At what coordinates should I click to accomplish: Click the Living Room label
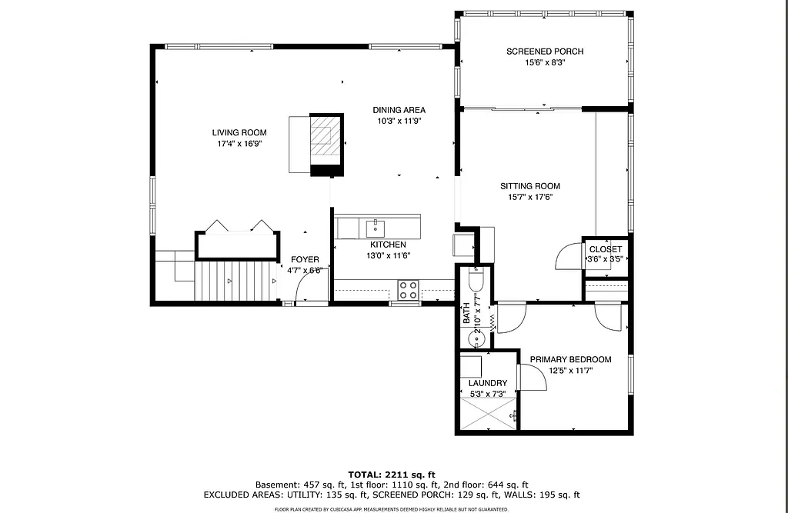tap(239, 132)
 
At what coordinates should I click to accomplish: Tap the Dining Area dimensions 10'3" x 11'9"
tap(399, 121)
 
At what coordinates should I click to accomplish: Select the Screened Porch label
tap(544, 52)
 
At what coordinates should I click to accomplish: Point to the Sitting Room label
tap(529, 186)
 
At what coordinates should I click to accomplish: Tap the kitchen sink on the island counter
tap(375, 228)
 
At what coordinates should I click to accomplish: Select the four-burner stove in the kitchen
tap(408, 290)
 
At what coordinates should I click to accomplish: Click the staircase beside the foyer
tap(235, 281)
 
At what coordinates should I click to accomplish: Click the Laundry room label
tap(488, 383)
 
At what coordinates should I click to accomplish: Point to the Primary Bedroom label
tap(569, 359)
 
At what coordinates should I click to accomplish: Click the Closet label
tap(605, 249)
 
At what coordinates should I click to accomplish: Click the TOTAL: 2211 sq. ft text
tap(393, 474)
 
